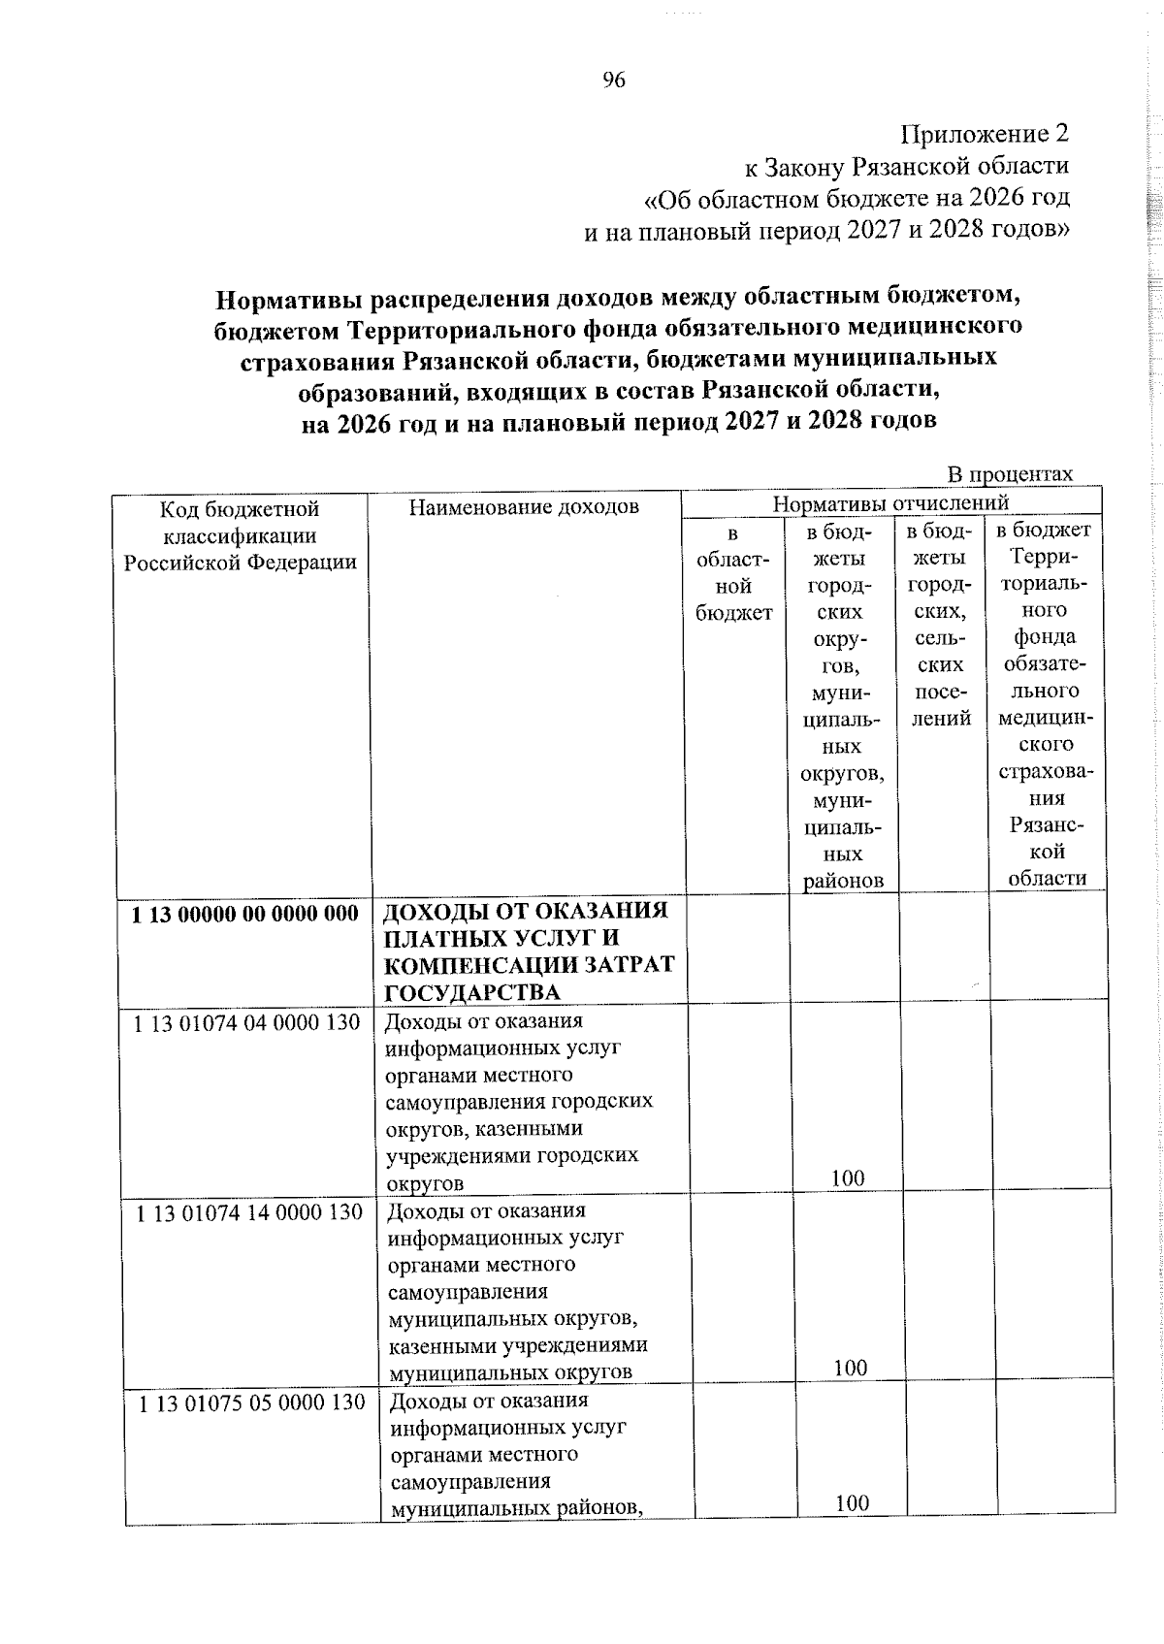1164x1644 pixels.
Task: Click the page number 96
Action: pyautogui.click(x=614, y=81)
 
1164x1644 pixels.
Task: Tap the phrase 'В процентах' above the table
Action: pyautogui.click(x=1010, y=474)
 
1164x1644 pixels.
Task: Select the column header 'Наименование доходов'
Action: pyautogui.click(x=524, y=507)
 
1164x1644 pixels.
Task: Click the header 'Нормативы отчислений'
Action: pyautogui.click(x=890, y=502)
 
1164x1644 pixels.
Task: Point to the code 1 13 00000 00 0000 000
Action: pyautogui.click(x=244, y=914)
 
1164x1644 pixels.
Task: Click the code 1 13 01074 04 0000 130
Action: pyautogui.click(x=246, y=1022)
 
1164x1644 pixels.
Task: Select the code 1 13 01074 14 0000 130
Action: pyautogui.click(x=248, y=1211)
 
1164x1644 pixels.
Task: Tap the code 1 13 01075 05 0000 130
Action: pyautogui.click(x=251, y=1402)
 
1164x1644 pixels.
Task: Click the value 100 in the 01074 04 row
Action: pyautogui.click(x=847, y=1178)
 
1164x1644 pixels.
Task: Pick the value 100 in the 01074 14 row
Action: pyautogui.click(x=850, y=1368)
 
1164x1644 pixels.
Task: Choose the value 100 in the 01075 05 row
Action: pyautogui.click(x=852, y=1531)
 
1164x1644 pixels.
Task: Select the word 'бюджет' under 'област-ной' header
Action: pyautogui.click(x=733, y=613)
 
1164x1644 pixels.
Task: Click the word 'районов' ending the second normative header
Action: pyautogui.click(x=843, y=881)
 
